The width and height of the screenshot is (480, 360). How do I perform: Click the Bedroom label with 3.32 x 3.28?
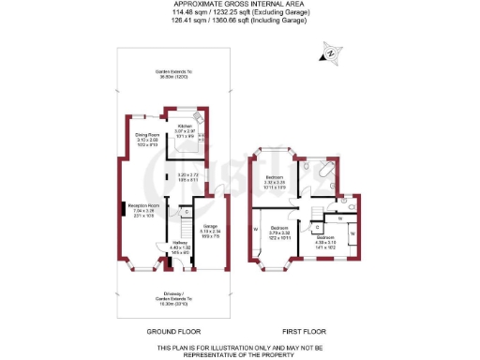(275, 182)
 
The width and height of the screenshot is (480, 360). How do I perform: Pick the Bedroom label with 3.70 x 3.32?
(279, 231)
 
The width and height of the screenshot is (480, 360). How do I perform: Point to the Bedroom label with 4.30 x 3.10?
(323, 241)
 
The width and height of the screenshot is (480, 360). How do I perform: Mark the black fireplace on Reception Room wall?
(121, 210)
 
